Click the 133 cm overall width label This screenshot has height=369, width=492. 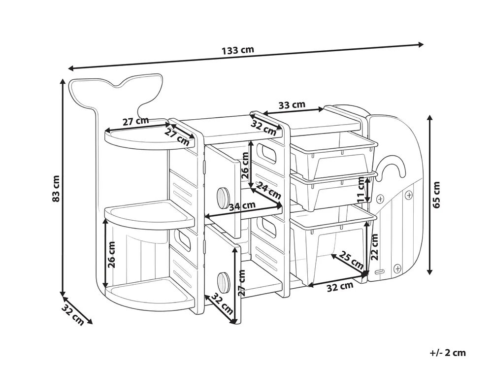coord(238,50)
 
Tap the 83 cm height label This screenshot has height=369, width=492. coord(56,188)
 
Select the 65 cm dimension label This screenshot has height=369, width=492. coord(436,195)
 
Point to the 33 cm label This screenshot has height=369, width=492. coord(292,105)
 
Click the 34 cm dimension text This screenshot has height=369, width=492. coord(242,206)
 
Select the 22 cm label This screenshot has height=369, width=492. coord(374,247)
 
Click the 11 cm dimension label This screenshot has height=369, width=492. coord(361,190)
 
